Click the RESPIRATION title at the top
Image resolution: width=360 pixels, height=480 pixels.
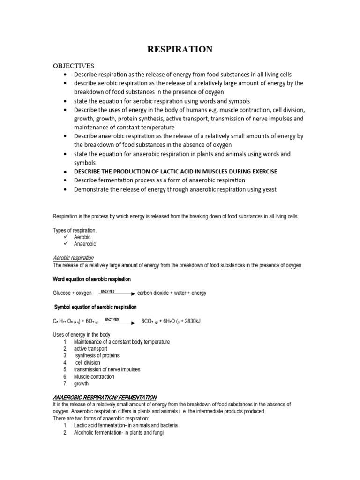point(180,49)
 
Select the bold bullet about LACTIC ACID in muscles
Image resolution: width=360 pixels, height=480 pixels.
point(175,172)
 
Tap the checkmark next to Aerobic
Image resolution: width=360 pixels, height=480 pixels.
point(66,237)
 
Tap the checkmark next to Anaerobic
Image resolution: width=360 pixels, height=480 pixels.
point(66,244)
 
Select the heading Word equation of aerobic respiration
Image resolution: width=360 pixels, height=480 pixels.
point(91,279)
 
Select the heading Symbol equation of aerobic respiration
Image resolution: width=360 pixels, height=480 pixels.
point(96,307)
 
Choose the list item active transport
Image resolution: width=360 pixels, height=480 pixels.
point(90,349)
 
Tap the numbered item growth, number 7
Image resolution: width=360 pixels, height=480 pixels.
point(81,384)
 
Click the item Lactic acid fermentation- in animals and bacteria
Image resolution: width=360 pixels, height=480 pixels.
point(126,426)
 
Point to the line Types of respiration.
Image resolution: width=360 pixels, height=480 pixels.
point(75,230)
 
